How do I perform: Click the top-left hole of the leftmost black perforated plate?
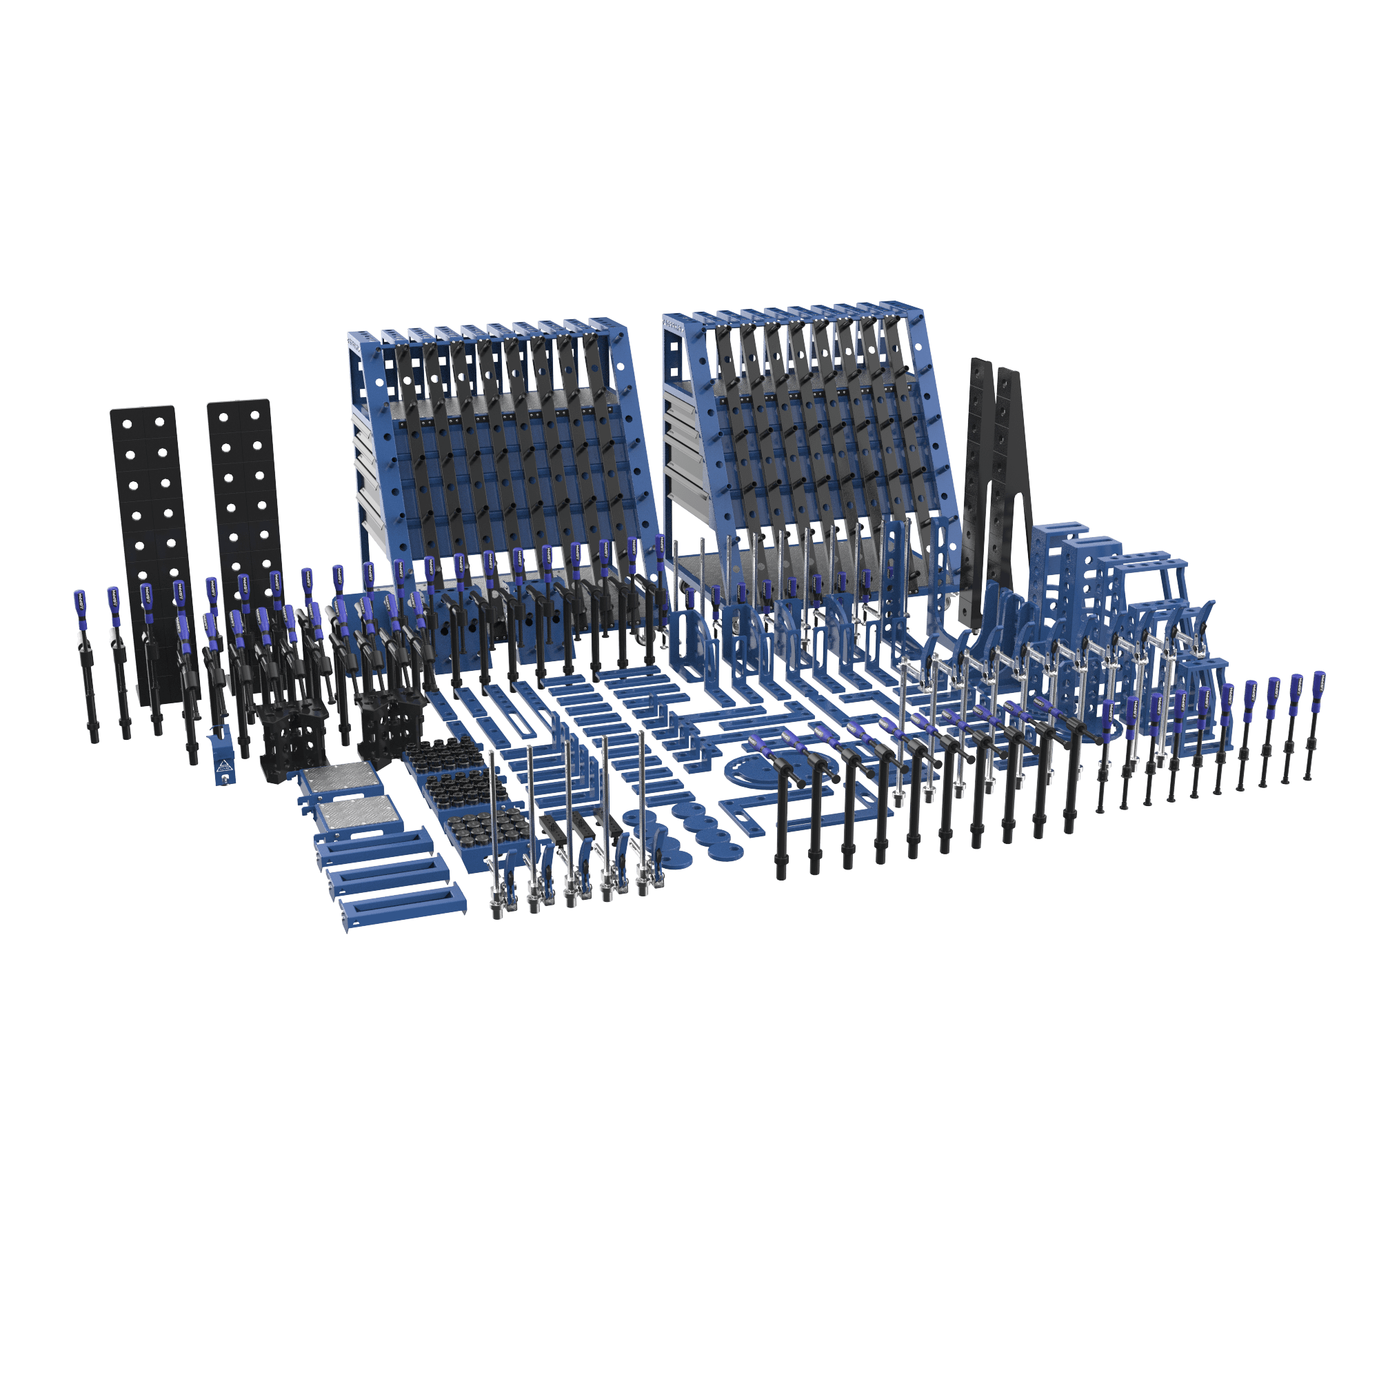coord(127,424)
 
